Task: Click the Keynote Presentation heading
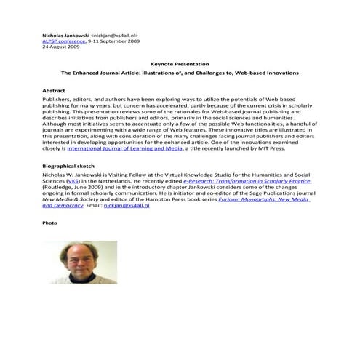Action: [180, 64]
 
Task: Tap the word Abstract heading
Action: [55, 91]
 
